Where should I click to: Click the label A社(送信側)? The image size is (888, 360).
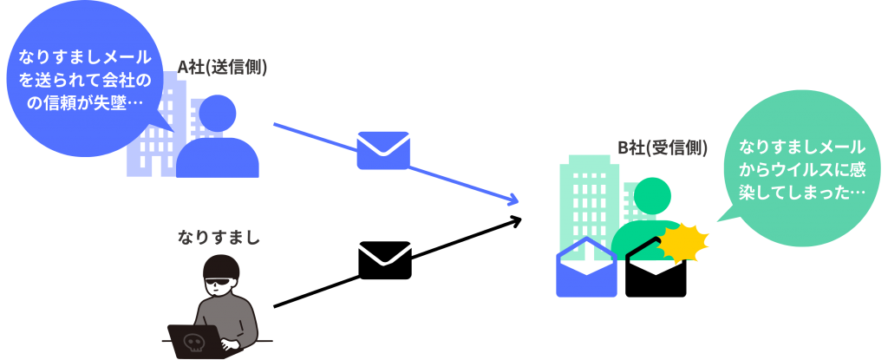[x=222, y=68]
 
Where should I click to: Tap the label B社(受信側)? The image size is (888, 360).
[x=662, y=148]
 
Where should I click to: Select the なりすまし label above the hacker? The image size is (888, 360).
[x=219, y=237]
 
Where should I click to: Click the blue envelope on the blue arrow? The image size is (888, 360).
[x=382, y=150]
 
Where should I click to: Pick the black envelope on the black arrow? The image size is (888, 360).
[x=385, y=260]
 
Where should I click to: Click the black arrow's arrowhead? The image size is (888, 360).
[x=515, y=221]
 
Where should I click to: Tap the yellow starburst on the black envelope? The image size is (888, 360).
[x=683, y=243]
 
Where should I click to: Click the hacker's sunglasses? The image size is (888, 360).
[x=218, y=281]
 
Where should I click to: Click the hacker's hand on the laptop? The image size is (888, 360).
[x=228, y=343]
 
